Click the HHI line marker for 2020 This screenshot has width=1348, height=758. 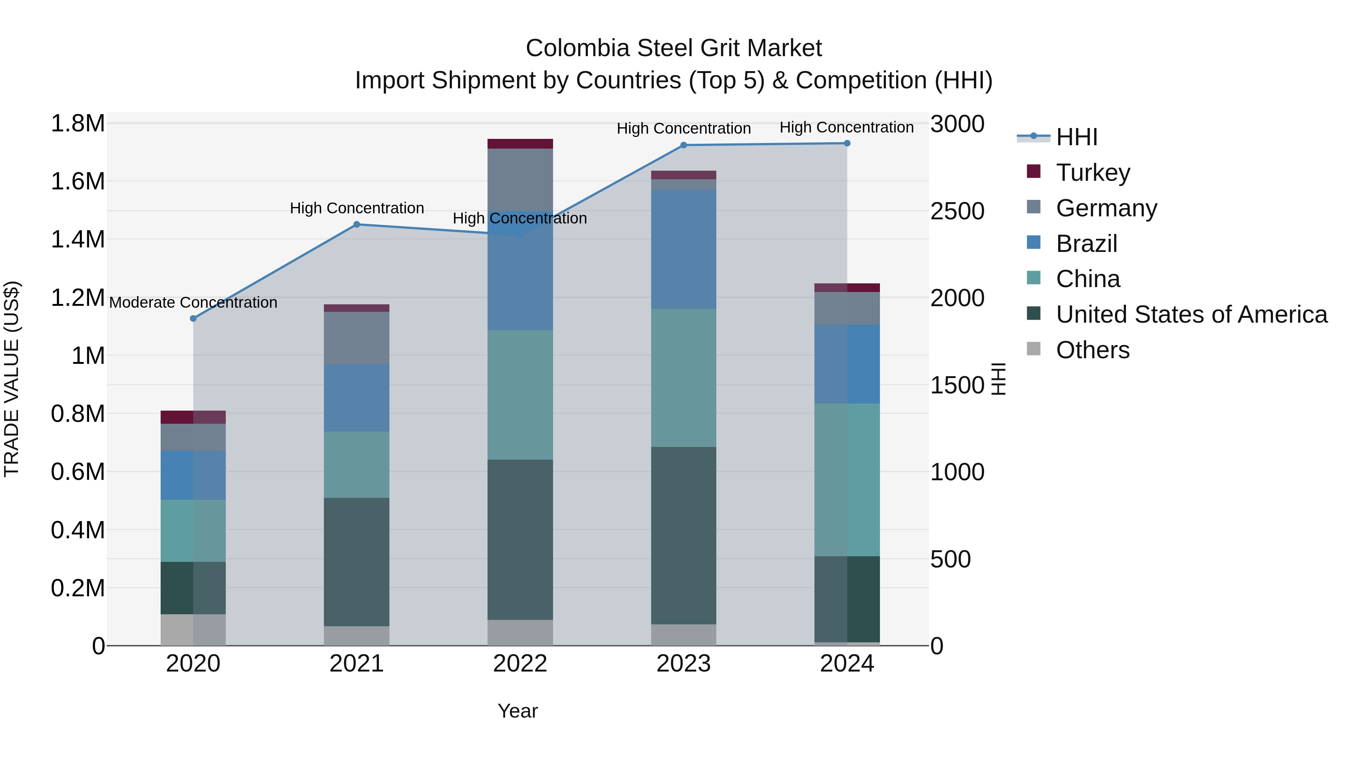[193, 318]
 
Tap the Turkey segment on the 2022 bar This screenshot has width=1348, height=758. [520, 143]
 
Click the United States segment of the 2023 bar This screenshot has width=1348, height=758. [683, 535]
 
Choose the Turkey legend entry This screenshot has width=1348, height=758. [1093, 172]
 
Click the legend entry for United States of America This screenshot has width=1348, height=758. [1191, 314]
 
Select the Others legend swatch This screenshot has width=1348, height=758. [1033, 349]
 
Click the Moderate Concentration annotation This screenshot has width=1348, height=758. [193, 302]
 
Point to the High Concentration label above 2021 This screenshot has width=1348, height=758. [356, 208]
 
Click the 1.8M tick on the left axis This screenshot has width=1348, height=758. [78, 124]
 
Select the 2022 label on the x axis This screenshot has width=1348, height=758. [520, 664]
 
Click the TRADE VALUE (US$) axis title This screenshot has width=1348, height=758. [12, 379]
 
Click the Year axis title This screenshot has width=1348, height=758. [517, 711]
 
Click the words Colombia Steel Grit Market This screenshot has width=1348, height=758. [674, 48]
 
